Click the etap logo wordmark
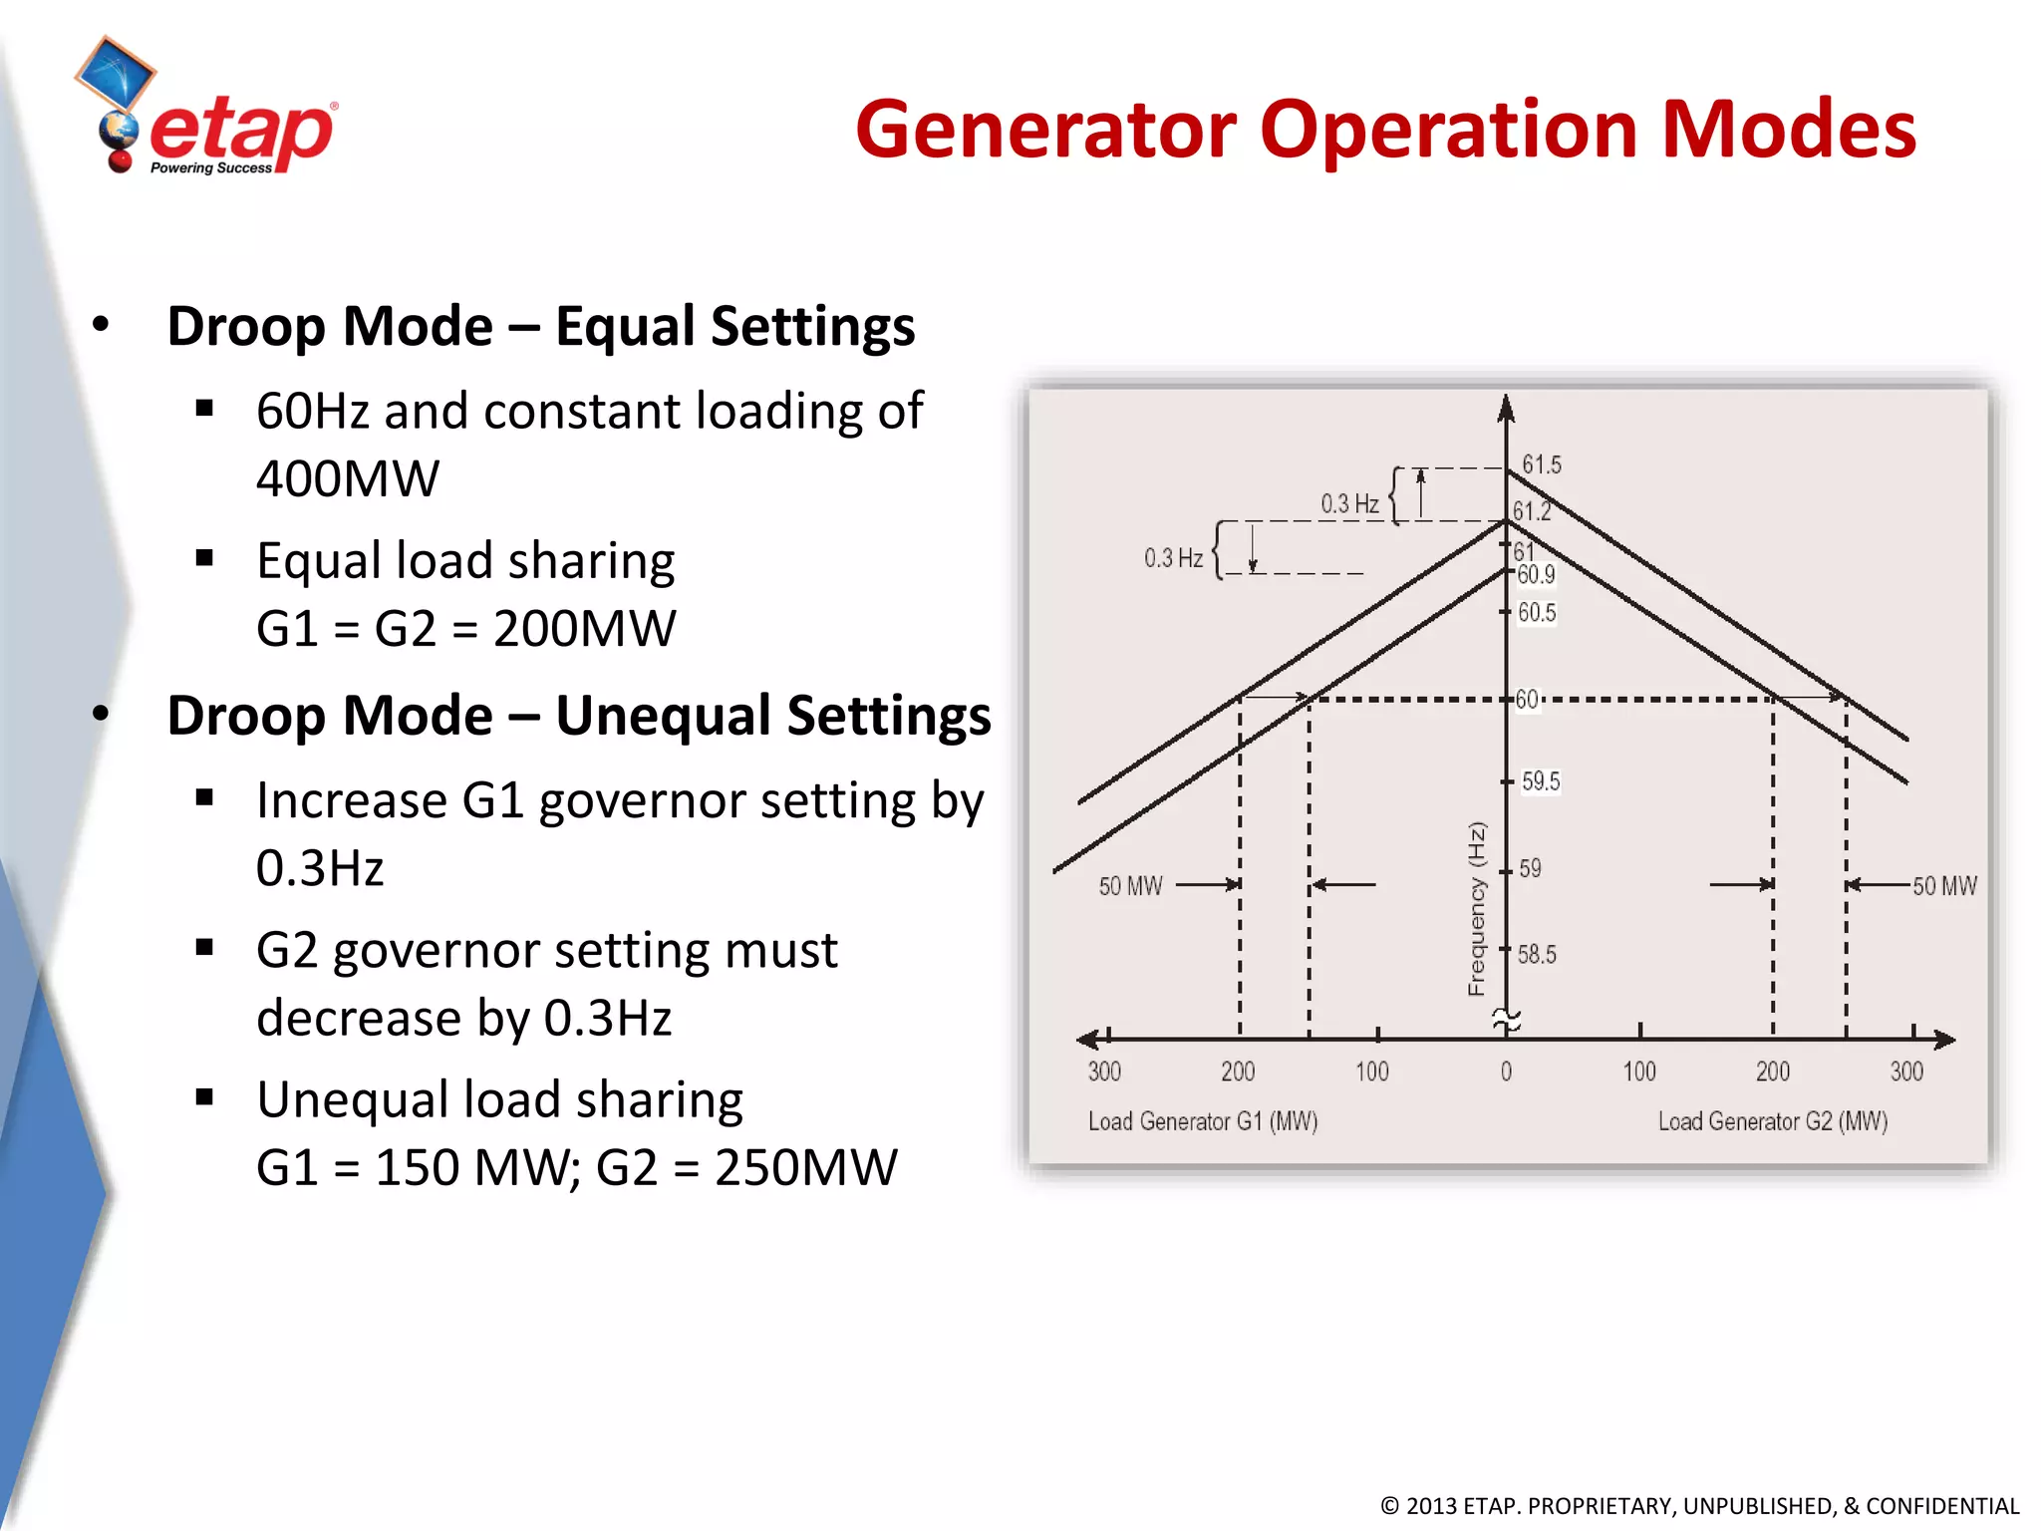pyautogui.click(x=242, y=133)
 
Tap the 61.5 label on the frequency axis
pyautogui.click(x=1541, y=464)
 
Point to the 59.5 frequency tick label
pyautogui.click(x=1541, y=781)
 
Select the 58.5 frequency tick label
pyautogui.click(x=1537, y=955)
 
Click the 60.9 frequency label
pyautogui.click(x=1536, y=574)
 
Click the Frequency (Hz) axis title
pyautogui.click(x=1476, y=908)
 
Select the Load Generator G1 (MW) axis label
pyautogui.click(x=1202, y=1121)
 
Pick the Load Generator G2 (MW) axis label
pyautogui.click(x=1772, y=1121)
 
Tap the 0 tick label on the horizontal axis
pyautogui.click(x=1506, y=1072)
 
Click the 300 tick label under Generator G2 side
pyautogui.click(x=1905, y=1072)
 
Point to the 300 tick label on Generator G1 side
pyautogui.click(x=1104, y=1072)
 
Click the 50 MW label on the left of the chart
pyautogui.click(x=1130, y=886)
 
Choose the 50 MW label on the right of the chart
pyautogui.click(x=1944, y=886)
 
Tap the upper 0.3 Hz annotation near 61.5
pyautogui.click(x=1349, y=504)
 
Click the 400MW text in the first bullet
pyautogui.click(x=347, y=479)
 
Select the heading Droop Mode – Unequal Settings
pyautogui.click(x=578, y=716)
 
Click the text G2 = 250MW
pyautogui.click(x=745, y=1167)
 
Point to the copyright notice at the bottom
pyautogui.click(x=1699, y=1505)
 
